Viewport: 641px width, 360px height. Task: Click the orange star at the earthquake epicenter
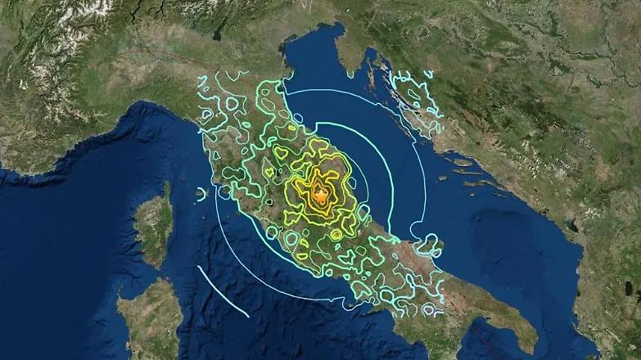tap(320, 194)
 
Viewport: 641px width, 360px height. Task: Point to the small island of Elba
tap(201, 195)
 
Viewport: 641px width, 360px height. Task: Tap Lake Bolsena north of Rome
tap(269, 200)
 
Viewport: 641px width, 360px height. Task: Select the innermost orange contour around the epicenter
tap(320, 195)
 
